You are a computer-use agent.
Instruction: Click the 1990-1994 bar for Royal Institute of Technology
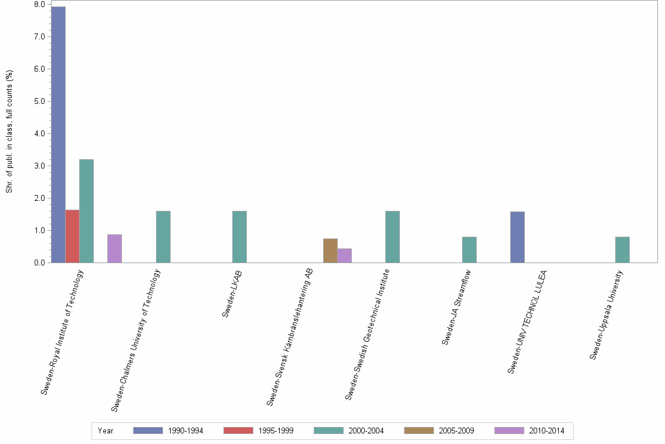tap(58, 134)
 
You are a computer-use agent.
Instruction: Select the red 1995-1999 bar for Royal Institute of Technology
tap(72, 236)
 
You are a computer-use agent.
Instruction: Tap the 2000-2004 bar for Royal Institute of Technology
tap(86, 211)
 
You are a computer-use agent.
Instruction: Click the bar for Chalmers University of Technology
tap(163, 237)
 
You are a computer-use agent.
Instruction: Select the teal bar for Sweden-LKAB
tap(239, 237)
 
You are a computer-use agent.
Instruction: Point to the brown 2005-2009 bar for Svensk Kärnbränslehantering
tap(330, 251)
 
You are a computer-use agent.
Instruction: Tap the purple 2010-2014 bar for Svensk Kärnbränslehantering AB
tap(344, 255)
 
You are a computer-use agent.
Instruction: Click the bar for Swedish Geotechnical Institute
tap(392, 237)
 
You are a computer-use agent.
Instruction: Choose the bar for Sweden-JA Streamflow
tap(469, 250)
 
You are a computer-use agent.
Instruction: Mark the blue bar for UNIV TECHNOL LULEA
tap(517, 237)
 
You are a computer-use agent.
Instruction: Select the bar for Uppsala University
tap(622, 250)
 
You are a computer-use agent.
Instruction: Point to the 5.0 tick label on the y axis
tap(40, 101)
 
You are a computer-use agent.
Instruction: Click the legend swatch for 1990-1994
tap(148, 430)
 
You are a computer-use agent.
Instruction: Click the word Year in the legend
tap(106, 430)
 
